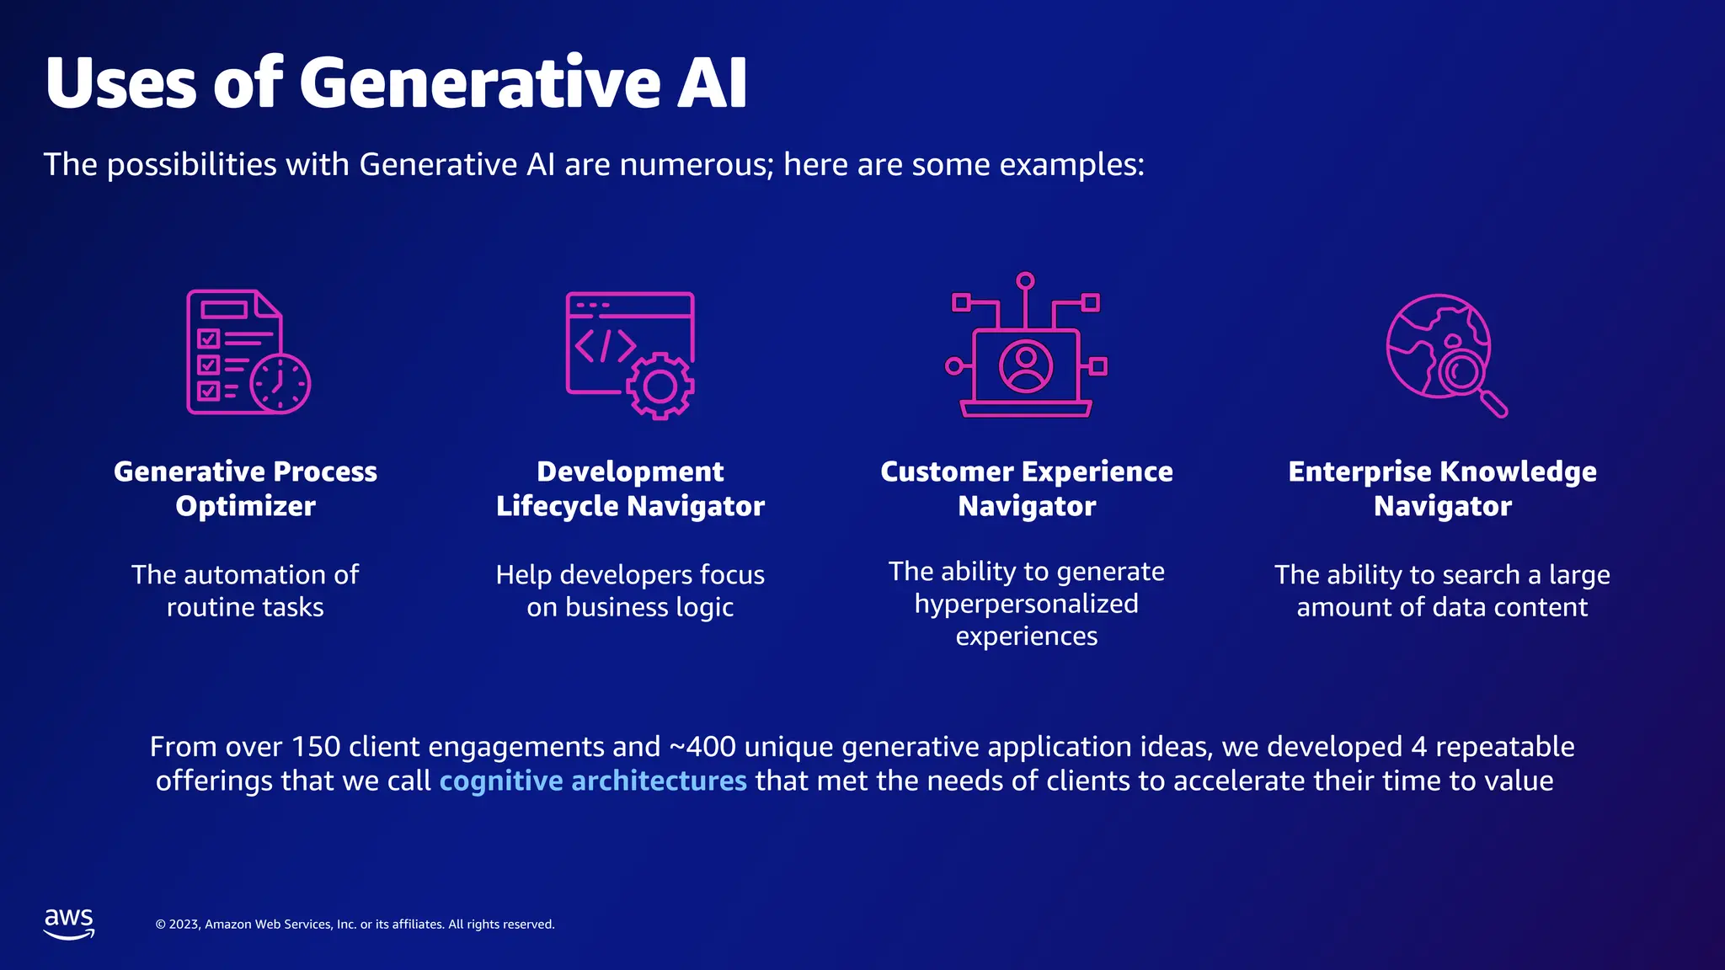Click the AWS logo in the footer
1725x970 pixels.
coord(69,923)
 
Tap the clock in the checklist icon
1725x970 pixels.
coord(280,384)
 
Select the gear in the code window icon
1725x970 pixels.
coord(660,386)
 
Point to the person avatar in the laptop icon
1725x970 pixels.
coord(1025,366)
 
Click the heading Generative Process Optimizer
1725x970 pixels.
coord(245,488)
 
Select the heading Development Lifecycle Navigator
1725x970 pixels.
coord(630,488)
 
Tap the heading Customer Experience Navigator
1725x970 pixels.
coord(1026,488)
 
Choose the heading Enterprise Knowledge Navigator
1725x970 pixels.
coord(1442,488)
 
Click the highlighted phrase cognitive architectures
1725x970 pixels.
coord(593,781)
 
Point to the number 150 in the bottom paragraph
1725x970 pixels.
coord(316,747)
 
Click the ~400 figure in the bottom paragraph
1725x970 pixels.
coord(702,747)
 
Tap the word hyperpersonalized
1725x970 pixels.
coord(1026,604)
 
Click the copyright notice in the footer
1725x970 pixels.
coord(355,925)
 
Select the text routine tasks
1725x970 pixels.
coord(245,607)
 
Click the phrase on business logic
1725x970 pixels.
coord(630,607)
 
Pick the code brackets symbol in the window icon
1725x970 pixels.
coord(605,345)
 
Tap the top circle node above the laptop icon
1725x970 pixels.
coord(1025,280)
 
